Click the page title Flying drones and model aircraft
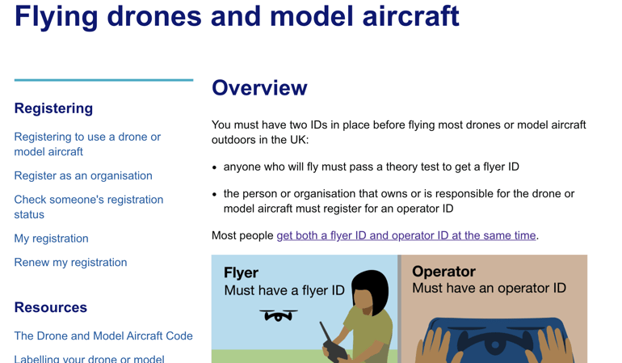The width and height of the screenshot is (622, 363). click(237, 16)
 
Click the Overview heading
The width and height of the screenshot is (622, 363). click(259, 88)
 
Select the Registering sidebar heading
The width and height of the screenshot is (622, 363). click(53, 108)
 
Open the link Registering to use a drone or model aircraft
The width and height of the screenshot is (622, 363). click(87, 144)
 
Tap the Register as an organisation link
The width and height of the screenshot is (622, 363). click(83, 175)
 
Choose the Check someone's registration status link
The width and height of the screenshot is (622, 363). click(89, 207)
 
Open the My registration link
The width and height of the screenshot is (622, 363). click(51, 238)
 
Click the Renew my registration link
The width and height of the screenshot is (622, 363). click(70, 262)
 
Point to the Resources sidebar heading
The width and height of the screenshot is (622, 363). click(50, 307)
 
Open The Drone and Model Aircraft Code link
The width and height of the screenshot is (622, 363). click(103, 336)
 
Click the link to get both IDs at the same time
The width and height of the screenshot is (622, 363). click(406, 235)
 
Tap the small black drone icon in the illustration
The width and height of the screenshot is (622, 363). click(279, 315)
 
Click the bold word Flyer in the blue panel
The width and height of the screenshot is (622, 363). click(241, 272)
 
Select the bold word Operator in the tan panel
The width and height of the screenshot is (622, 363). click(443, 272)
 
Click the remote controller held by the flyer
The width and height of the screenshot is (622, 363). click(333, 344)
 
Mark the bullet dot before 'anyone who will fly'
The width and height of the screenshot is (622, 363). click(215, 167)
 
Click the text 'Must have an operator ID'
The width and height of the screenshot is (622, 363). click(489, 288)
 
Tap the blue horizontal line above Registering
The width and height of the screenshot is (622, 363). click(104, 80)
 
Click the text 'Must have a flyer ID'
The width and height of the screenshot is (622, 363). click(284, 290)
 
